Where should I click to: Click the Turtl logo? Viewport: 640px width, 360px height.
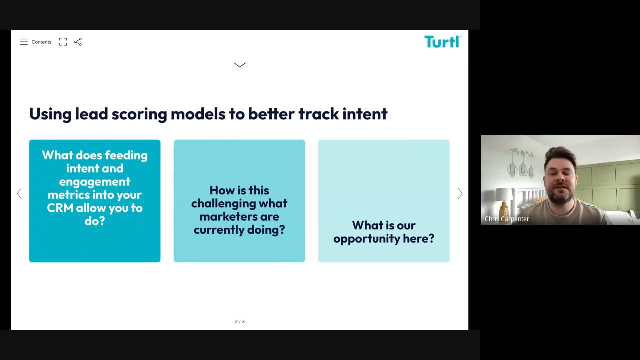click(443, 42)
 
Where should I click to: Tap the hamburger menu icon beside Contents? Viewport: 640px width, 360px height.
click(24, 42)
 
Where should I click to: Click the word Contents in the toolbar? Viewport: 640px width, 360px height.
click(41, 42)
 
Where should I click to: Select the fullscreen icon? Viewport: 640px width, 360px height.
click(63, 42)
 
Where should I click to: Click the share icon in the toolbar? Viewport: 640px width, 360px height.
click(78, 42)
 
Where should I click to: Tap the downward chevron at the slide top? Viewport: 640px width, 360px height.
click(239, 65)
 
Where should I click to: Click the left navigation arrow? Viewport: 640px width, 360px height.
click(19, 193)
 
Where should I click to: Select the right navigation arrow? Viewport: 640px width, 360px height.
click(460, 193)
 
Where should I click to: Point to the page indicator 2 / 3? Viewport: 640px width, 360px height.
click(240, 321)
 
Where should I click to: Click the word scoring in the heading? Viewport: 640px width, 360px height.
click(139, 115)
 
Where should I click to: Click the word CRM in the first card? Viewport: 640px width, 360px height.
click(60, 208)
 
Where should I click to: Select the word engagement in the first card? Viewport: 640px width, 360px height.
click(95, 182)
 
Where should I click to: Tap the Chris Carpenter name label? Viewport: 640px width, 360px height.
click(507, 219)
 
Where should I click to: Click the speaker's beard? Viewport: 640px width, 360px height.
click(560, 196)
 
